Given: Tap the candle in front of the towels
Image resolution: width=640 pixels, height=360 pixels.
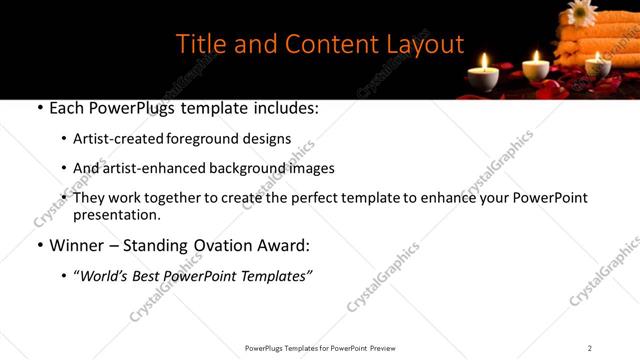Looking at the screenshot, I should [598, 68].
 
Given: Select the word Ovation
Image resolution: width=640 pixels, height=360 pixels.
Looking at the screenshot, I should [226, 245].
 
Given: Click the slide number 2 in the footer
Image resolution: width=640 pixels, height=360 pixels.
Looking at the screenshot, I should [590, 348].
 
